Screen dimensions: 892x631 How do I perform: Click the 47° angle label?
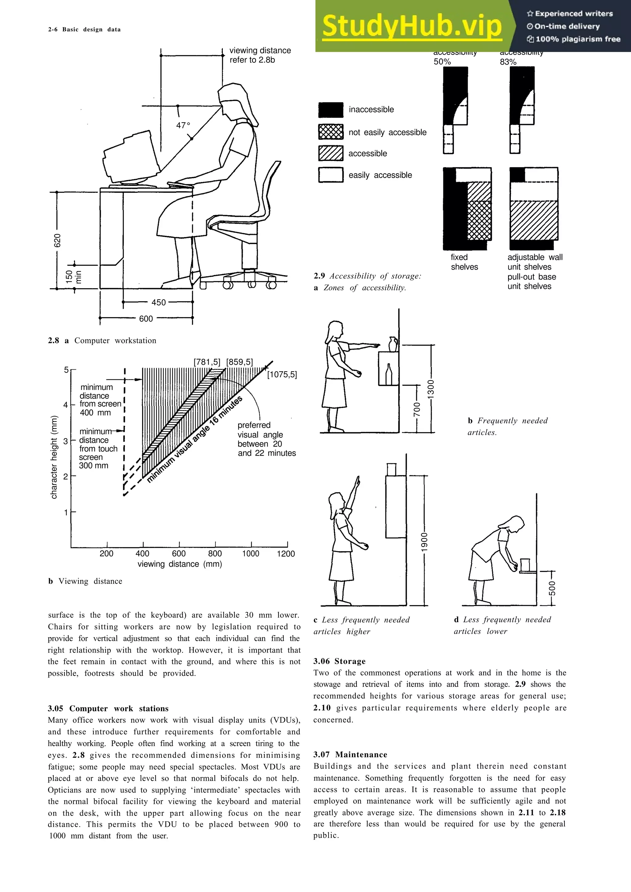pos(183,126)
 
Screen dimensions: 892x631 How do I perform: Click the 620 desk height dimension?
pos(57,240)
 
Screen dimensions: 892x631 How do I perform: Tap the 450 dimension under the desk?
pos(158,302)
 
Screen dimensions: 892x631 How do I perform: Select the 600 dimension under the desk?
pos(146,319)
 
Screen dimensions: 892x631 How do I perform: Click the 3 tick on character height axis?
pos(66,441)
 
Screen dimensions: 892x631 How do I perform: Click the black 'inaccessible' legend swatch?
pos(331,110)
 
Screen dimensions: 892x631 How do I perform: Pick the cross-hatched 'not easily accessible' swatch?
pos(331,132)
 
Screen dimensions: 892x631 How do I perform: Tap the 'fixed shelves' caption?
pos(464,262)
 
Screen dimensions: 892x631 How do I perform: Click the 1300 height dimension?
pos(431,388)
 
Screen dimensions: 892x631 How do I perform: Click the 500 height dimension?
pos(552,588)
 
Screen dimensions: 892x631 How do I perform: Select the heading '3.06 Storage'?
pos(340,661)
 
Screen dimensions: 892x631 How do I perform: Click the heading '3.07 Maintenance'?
pos(350,754)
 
